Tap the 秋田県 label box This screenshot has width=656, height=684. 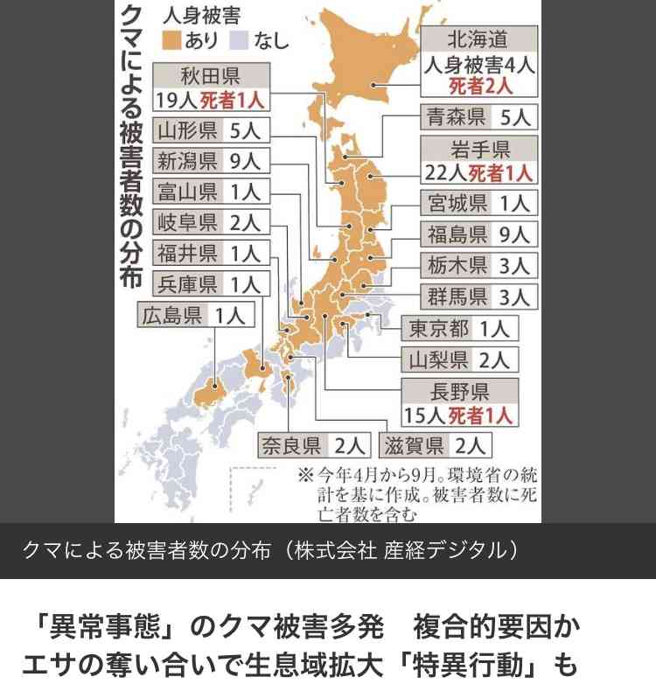pyautogui.click(x=211, y=87)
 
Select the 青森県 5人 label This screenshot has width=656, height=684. pyautogui.click(x=478, y=116)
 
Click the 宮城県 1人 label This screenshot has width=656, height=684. pyautogui.click(x=478, y=204)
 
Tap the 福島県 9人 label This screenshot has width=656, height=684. pyautogui.click(x=478, y=234)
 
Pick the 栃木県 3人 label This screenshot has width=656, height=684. pyautogui.click(x=478, y=265)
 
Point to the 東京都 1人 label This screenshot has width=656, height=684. pyautogui.click(x=461, y=329)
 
